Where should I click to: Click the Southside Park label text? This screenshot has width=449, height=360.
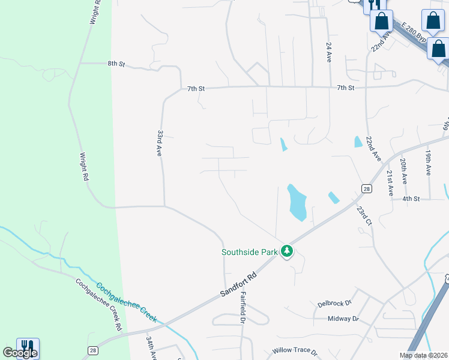(249, 252)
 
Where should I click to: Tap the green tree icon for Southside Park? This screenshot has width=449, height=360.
(287, 251)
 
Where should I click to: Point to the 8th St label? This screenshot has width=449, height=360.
(116, 63)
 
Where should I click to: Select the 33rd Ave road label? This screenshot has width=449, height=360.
(160, 143)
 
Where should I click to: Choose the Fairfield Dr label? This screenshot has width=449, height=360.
(243, 308)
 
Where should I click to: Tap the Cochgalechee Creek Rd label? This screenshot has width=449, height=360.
(98, 304)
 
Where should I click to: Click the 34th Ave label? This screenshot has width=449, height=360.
(151, 348)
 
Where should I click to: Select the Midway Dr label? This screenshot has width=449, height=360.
(343, 319)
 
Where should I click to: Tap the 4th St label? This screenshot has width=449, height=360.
(411, 199)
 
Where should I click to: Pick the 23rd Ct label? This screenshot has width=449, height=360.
(365, 216)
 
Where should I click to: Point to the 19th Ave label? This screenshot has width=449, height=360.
(427, 163)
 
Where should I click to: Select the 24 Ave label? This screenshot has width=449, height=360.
(329, 52)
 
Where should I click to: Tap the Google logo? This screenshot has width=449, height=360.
(20, 353)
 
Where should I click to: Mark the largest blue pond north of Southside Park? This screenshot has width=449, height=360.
(297, 203)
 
